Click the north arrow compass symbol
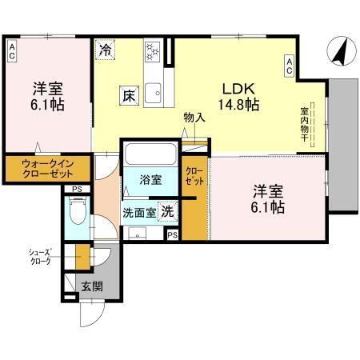pyautogui.click(x=338, y=52)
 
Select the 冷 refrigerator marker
pyautogui.click(x=105, y=50)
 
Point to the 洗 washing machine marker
pyautogui.click(x=166, y=212)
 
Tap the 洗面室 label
pyautogui.click(x=138, y=214)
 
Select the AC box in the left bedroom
pyautogui.click(x=13, y=52)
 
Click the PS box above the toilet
pyautogui.click(x=76, y=190)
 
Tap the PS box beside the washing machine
pyautogui.click(x=173, y=234)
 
